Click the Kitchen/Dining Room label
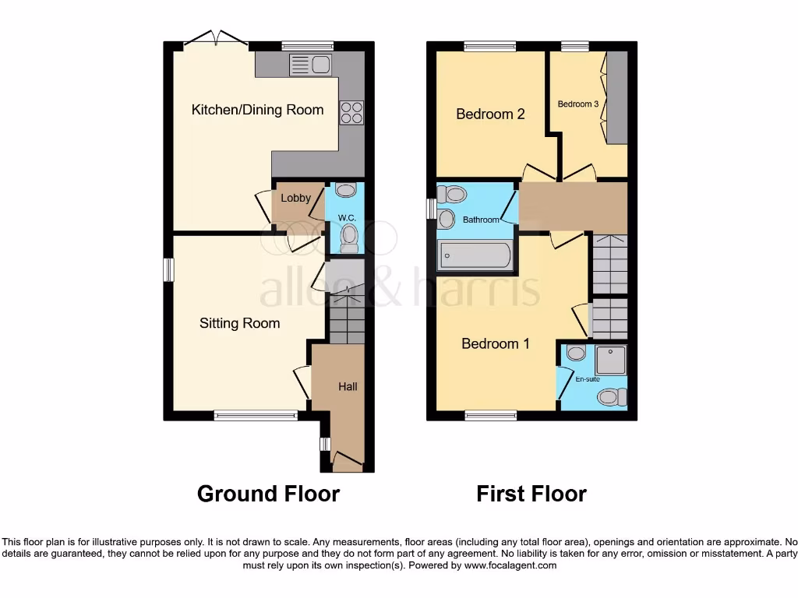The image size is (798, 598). [x=257, y=110]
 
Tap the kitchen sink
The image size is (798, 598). [x=310, y=65]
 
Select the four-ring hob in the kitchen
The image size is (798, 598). [x=351, y=113]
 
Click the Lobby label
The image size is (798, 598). [x=295, y=198]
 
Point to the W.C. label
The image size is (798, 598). [x=347, y=217]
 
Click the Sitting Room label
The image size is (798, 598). [x=239, y=322]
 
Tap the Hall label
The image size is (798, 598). [x=348, y=386]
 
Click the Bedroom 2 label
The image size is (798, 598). [x=490, y=114]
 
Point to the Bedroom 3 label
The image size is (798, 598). [x=578, y=104]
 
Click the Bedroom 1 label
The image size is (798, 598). [x=496, y=343]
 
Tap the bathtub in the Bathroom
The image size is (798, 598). [x=475, y=254]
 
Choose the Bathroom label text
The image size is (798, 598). [x=481, y=220]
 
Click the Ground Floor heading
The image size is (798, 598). [x=268, y=494]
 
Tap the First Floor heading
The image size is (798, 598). [x=531, y=494]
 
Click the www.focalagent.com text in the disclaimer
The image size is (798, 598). [x=510, y=565]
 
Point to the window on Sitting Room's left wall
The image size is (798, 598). [x=168, y=269]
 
